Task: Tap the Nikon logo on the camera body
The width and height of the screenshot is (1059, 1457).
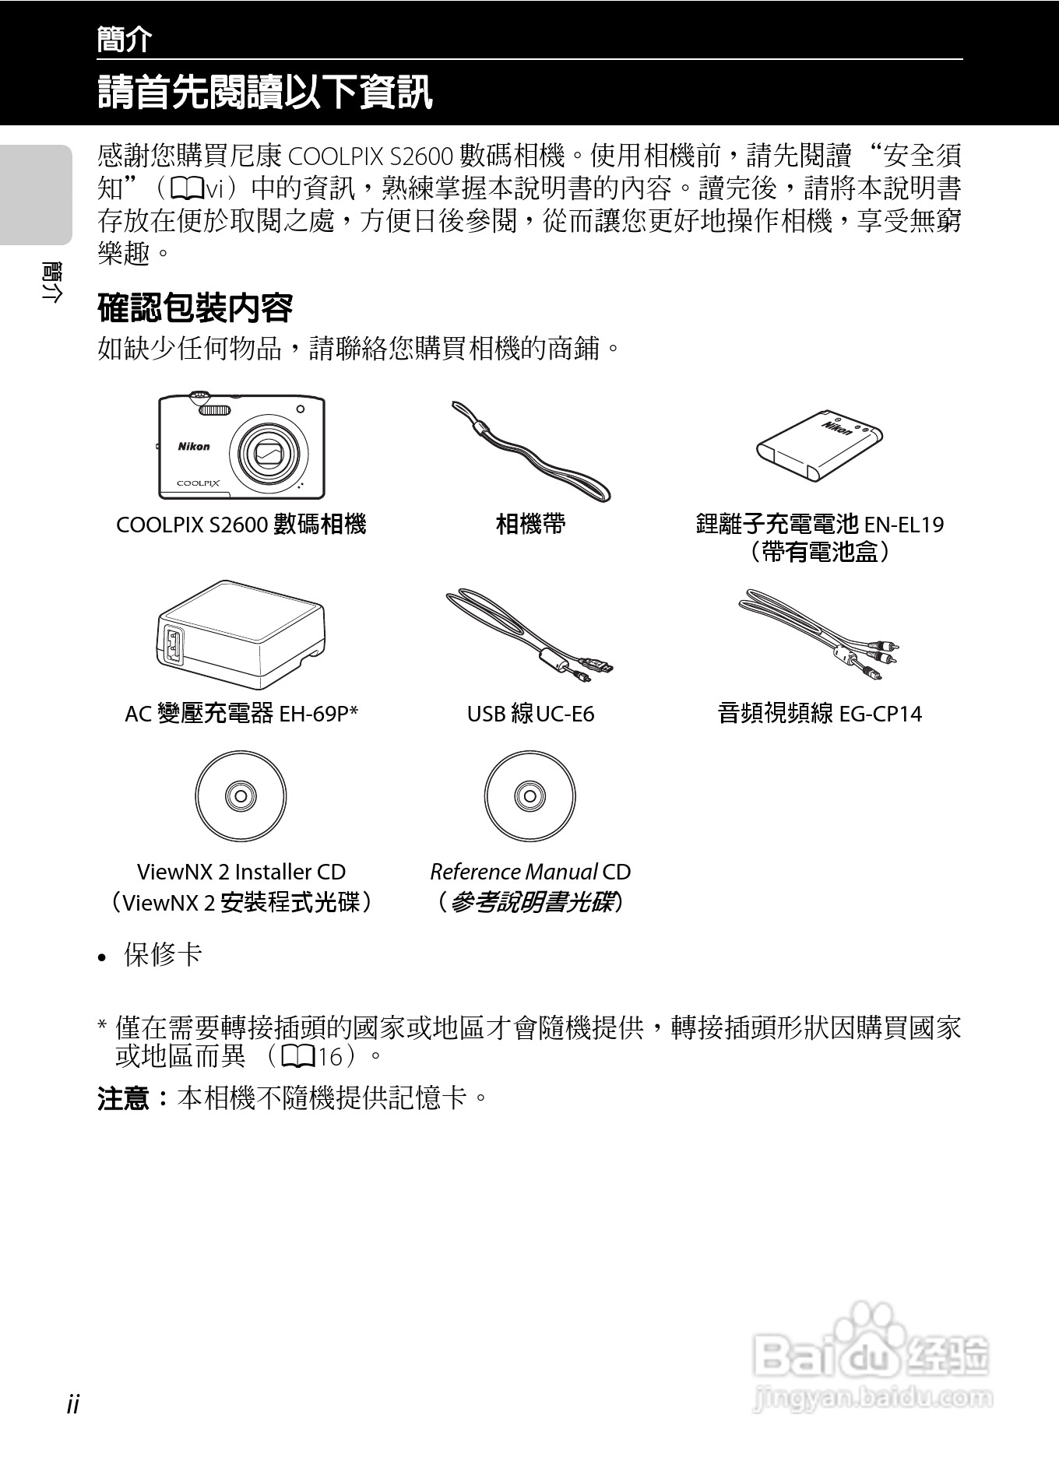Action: [x=194, y=447]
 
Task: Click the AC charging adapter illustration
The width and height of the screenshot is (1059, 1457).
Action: [x=241, y=634]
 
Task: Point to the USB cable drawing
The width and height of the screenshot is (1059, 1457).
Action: [x=530, y=634]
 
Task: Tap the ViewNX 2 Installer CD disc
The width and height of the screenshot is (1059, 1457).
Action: [x=241, y=796]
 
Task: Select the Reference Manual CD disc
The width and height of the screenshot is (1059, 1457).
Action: [x=529, y=796]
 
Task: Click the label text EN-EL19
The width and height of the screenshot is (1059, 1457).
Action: [x=904, y=525]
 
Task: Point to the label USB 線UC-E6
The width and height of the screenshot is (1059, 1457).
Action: [x=530, y=713]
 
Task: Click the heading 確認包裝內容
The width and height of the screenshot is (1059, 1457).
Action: [x=195, y=308]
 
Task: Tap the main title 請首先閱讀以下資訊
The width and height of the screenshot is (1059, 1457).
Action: [x=265, y=92]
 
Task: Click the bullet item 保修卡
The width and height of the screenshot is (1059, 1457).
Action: [x=163, y=955]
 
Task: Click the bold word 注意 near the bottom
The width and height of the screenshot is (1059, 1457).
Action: [x=123, y=1098]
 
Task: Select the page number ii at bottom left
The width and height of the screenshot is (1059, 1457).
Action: [x=73, y=1404]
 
